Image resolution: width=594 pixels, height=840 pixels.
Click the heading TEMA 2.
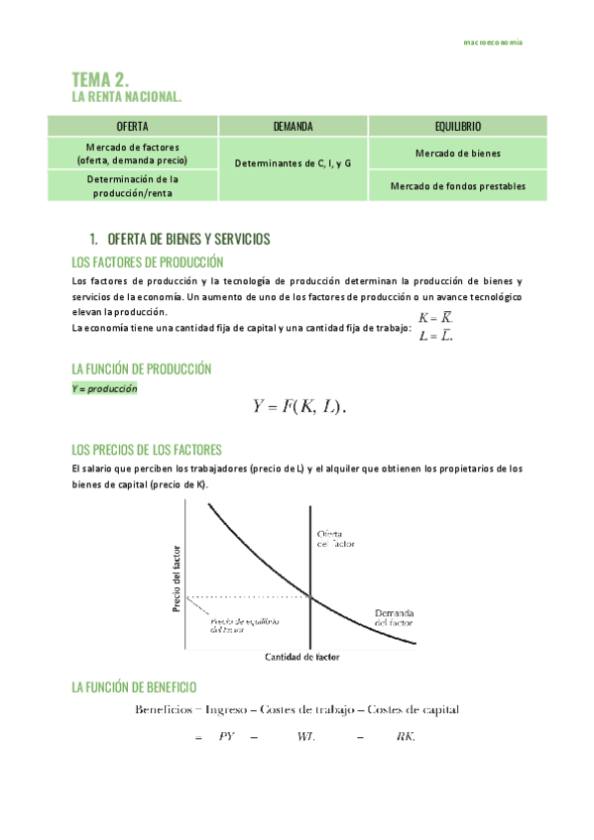click(x=101, y=79)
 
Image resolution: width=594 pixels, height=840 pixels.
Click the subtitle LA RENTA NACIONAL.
click(x=127, y=97)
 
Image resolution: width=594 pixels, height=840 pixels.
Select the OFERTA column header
click(x=133, y=127)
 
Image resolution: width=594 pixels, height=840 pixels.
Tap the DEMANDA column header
click(x=293, y=127)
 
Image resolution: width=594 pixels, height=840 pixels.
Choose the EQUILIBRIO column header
click(x=457, y=127)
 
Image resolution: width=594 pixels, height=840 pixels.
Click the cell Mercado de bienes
click(x=457, y=154)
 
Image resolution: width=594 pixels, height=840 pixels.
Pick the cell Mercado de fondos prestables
click(x=457, y=185)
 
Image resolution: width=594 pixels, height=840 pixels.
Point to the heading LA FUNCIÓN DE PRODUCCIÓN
click(x=142, y=368)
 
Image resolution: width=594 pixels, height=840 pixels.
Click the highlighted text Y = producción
click(x=104, y=388)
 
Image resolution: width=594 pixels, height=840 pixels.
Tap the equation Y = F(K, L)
click(x=301, y=406)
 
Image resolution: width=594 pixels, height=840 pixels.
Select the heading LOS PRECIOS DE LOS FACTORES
click(x=147, y=449)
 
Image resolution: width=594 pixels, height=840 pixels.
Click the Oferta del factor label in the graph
click(x=334, y=538)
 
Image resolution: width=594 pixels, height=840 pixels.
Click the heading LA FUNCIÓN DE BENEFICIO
click(x=134, y=686)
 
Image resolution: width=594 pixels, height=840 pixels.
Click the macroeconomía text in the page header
click(x=494, y=43)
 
